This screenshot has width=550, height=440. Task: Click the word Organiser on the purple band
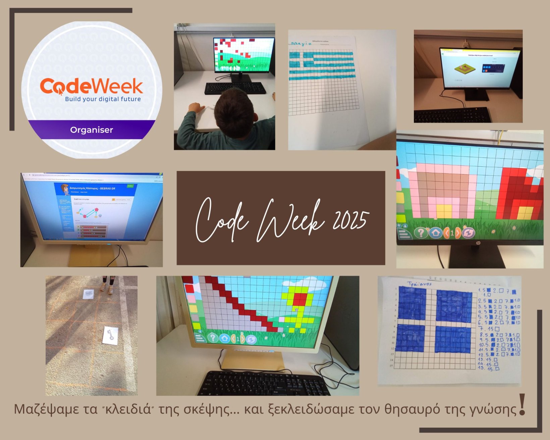point(92,130)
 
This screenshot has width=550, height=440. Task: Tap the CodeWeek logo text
point(91,86)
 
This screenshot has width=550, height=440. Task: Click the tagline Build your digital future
point(103,99)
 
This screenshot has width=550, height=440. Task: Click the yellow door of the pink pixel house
point(443,211)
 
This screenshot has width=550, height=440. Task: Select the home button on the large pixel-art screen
point(436,232)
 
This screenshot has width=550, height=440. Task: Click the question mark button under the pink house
point(421,232)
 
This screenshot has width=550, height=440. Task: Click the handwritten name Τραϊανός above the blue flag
point(419,284)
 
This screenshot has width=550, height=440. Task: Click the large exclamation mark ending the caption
point(522,405)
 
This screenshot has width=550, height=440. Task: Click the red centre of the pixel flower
point(299,298)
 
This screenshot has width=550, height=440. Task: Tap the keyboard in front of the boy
point(235,88)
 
